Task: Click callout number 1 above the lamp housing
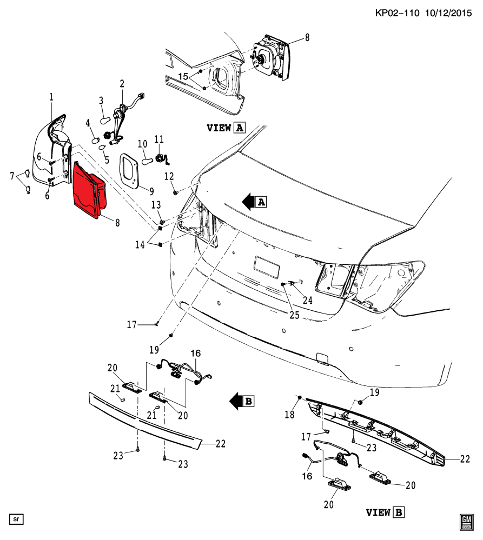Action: click(51, 97)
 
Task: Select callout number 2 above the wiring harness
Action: click(122, 84)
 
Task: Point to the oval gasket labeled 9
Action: click(129, 171)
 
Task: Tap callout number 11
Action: click(159, 139)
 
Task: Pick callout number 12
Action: click(169, 176)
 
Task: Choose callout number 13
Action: click(156, 205)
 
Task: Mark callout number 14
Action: click(140, 244)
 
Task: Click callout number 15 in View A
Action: click(183, 76)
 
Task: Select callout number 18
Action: click(289, 414)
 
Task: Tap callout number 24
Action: click(308, 301)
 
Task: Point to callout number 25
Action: click(295, 315)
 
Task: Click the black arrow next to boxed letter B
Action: click(236, 401)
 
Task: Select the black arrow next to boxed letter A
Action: click(249, 202)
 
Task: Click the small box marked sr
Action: click(16, 519)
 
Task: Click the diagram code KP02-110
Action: click(397, 13)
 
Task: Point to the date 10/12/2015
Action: click(448, 13)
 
